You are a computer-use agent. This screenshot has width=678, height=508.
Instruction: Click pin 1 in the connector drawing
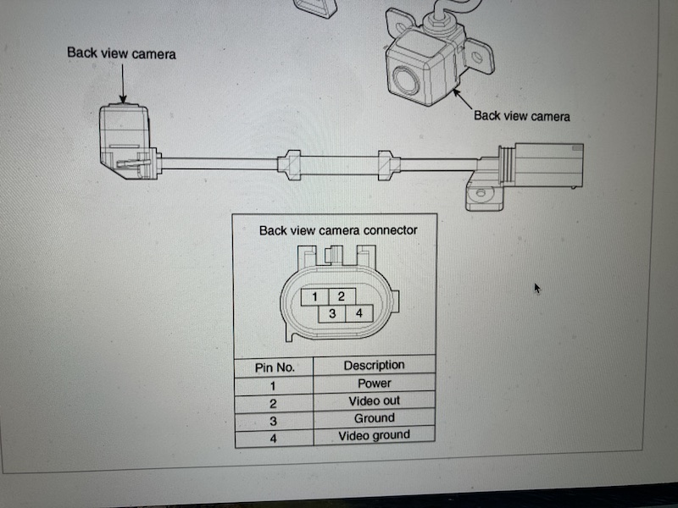(x=314, y=297)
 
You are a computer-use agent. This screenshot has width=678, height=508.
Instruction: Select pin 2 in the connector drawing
(x=342, y=297)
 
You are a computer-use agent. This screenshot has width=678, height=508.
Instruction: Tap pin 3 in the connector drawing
(x=332, y=313)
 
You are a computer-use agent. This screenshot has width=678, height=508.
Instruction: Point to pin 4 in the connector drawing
(x=359, y=313)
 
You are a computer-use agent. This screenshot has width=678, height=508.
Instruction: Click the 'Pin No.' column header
(x=275, y=367)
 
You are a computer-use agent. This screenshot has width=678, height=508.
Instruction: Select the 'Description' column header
(x=374, y=366)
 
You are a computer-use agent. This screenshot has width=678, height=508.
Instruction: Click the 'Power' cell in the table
(x=374, y=384)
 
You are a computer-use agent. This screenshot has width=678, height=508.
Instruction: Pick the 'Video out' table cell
(x=374, y=400)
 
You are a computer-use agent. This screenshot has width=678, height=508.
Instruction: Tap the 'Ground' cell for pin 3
(x=374, y=418)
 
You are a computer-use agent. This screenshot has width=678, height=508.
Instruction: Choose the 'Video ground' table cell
(x=374, y=435)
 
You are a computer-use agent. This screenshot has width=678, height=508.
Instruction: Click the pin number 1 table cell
(x=273, y=386)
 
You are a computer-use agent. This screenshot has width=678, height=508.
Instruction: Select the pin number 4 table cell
(x=273, y=439)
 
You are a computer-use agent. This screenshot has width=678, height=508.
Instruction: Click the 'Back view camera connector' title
(x=338, y=230)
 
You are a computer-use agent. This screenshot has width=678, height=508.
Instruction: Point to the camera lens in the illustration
(x=406, y=81)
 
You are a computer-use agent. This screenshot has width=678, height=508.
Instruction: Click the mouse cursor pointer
(x=537, y=288)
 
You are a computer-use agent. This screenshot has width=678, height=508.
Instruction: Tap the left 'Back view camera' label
(x=121, y=53)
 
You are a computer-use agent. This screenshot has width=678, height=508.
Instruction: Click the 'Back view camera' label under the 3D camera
(x=522, y=116)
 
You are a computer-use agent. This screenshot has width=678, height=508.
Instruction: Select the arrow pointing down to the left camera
(x=123, y=84)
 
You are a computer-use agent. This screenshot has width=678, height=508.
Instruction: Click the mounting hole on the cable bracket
(x=481, y=193)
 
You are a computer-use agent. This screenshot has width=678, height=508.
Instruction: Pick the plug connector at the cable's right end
(x=541, y=166)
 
